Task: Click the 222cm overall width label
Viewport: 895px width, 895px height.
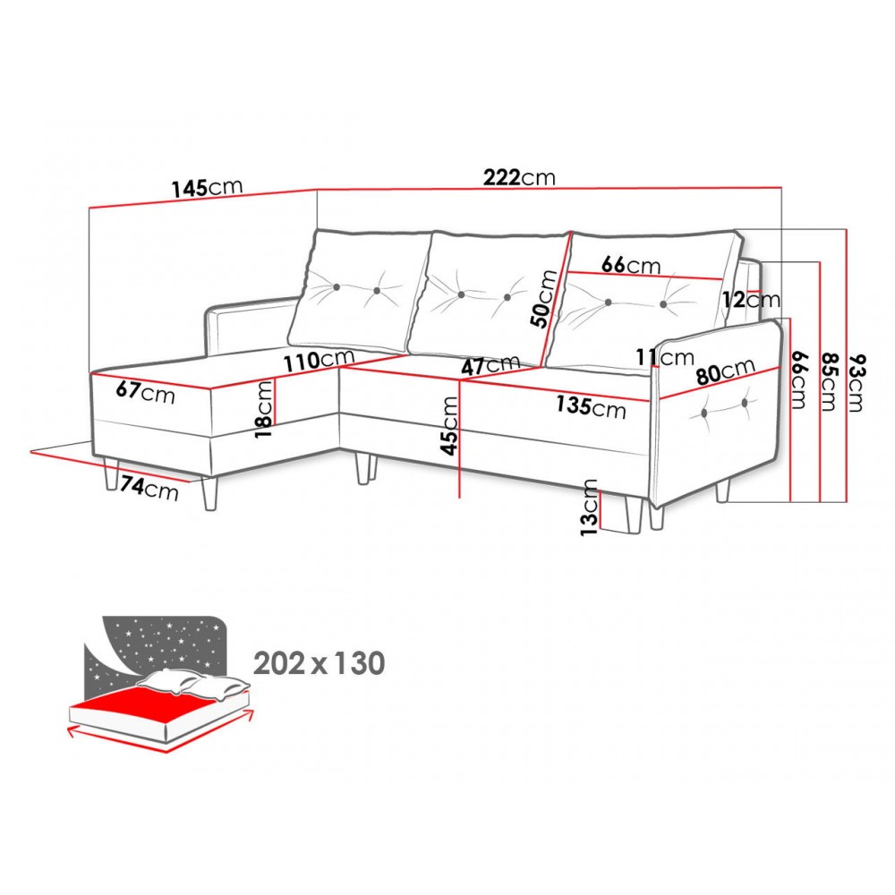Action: coord(519,177)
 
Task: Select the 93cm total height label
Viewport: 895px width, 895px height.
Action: coord(857,383)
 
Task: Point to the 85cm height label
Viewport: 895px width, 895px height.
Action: coord(828,381)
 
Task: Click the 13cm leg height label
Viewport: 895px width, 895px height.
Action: coord(589,507)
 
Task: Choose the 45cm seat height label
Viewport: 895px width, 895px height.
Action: coord(450,426)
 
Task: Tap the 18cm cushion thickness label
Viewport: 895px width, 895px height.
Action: coord(264,409)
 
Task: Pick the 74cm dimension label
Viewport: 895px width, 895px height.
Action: coord(149,488)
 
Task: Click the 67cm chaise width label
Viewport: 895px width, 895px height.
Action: coord(145,392)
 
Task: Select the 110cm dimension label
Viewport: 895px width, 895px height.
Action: coord(320,360)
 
